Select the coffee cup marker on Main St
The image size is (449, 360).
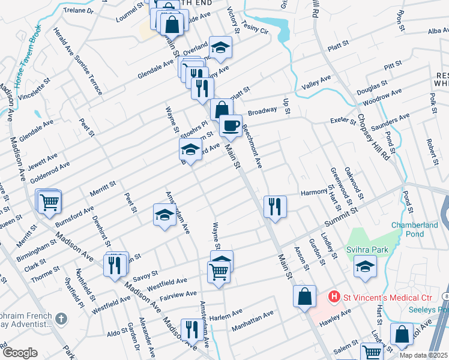tap(230, 126)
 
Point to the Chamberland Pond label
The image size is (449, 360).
tap(416, 230)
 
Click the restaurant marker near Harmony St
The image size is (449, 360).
tap(275, 206)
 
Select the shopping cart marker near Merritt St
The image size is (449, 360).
tap(50, 202)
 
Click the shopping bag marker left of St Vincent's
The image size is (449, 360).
tap(305, 295)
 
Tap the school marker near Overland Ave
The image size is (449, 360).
tap(220, 48)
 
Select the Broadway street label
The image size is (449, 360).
tap(262, 112)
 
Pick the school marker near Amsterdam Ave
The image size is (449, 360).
tap(164, 216)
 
